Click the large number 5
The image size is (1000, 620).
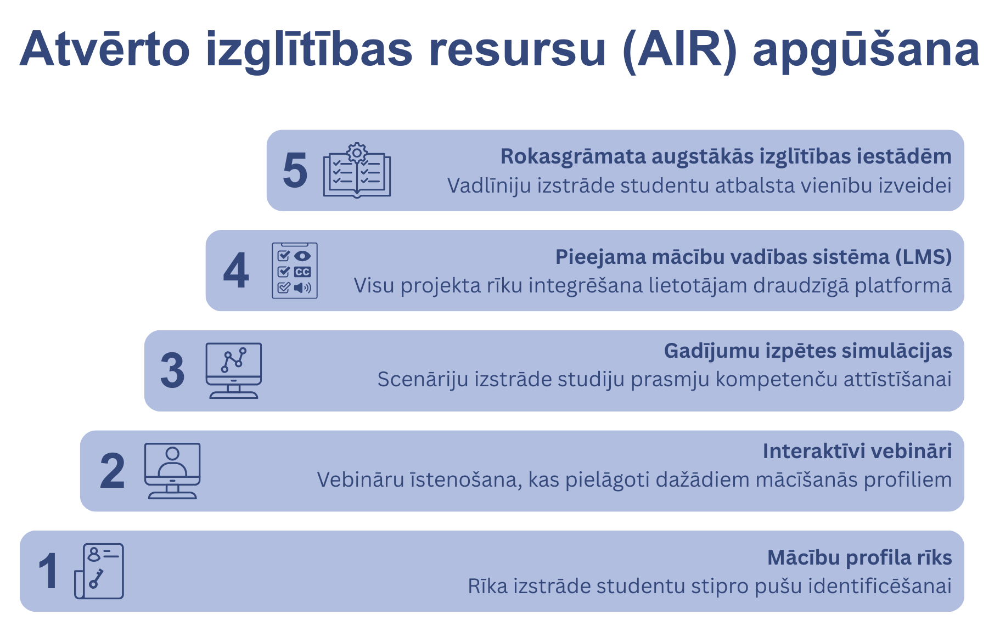(x=295, y=171)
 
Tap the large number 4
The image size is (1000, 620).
(x=236, y=270)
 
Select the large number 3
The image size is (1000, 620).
(x=172, y=371)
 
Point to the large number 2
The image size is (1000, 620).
(x=113, y=471)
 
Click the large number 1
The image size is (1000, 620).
(x=48, y=571)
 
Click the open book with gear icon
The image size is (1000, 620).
(x=357, y=170)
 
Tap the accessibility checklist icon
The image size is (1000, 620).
(x=295, y=270)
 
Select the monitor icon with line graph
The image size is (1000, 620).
(x=234, y=370)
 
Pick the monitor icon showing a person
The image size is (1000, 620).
(x=172, y=471)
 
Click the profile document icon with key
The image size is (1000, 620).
(x=99, y=571)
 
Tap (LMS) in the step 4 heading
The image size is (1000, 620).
(x=924, y=257)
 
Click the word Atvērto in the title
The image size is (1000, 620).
(x=105, y=48)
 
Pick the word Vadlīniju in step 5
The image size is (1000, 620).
(x=489, y=185)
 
